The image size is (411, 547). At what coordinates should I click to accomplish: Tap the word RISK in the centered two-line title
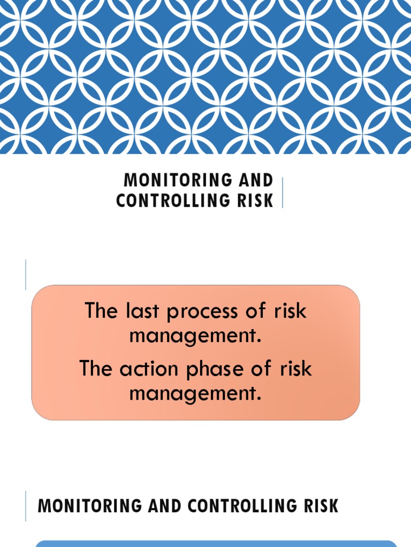tap(258, 200)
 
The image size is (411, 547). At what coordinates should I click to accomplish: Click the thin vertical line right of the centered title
tap(283, 192)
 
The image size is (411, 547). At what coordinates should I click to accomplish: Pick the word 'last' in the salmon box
tap(141, 311)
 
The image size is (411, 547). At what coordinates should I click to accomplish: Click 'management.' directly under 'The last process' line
tap(196, 338)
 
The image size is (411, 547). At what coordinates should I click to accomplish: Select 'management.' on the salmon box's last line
tap(196, 395)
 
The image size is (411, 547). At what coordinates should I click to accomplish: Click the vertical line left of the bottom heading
tap(26, 506)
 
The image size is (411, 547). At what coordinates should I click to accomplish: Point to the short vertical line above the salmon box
tap(26, 275)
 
